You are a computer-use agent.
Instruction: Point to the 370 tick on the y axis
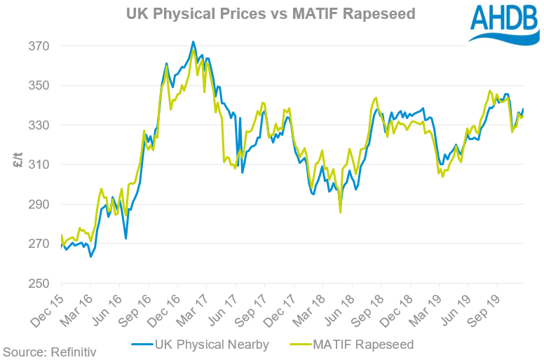click(x=40, y=46)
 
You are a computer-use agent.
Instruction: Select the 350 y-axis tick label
click(x=40, y=85)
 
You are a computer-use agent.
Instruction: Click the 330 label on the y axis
click(x=40, y=125)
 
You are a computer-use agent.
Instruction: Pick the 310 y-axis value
click(x=40, y=165)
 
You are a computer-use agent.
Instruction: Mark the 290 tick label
click(x=40, y=205)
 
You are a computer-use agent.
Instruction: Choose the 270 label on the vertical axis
click(x=40, y=244)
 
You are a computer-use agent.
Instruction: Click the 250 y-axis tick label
click(x=40, y=284)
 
